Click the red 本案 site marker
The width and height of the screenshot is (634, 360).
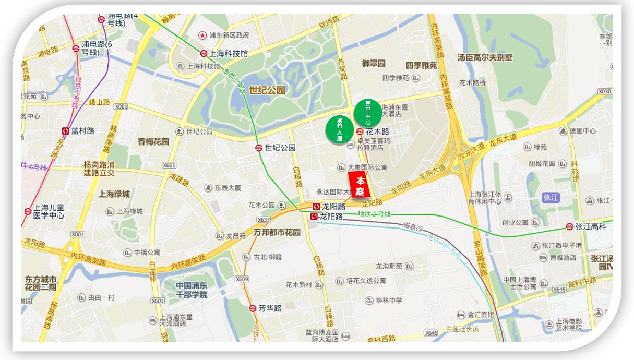coord(360,187)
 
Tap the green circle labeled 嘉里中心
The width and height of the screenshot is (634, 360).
coord(368,112)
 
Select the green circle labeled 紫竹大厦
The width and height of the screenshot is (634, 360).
coord(339,129)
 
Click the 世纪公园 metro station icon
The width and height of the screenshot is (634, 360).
coord(259,148)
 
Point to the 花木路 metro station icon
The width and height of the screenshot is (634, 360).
coord(360,131)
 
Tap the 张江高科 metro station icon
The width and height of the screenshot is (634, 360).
coord(569,226)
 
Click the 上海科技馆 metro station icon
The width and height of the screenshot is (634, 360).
coord(204,53)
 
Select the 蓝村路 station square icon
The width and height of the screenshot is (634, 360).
coord(66,131)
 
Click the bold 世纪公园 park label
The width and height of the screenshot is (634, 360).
coord(267,90)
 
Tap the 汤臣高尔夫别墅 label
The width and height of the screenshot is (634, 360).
coord(485,57)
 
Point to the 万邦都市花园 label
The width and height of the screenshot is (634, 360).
coord(277,232)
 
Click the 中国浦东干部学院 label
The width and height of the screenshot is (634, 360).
coord(184,290)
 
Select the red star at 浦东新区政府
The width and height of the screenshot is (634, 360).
coord(202,35)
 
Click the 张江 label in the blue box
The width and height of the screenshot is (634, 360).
coord(551,197)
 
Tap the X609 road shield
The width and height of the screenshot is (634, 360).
coord(242,279)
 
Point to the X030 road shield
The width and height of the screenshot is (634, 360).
coord(604,92)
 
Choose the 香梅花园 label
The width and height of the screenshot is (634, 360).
coord(153,141)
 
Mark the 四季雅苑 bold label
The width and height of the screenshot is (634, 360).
coord(421,65)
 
